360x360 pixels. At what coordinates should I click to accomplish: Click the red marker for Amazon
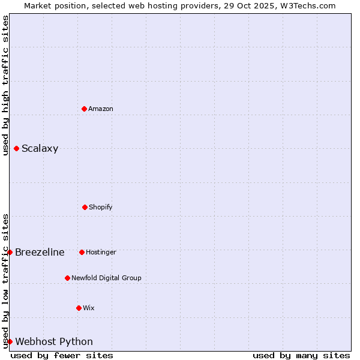click(84, 109)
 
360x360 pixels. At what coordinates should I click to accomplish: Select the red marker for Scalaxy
click(16, 148)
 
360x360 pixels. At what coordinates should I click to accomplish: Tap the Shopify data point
click(85, 207)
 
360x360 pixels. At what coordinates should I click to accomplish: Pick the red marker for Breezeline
click(10, 252)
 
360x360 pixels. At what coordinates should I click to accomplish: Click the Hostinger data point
click(82, 252)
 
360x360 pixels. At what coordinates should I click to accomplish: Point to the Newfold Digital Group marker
click(67, 278)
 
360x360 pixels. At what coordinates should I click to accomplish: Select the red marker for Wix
click(79, 308)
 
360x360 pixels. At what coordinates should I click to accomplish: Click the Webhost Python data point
click(10, 341)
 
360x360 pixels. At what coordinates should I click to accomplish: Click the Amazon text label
click(101, 109)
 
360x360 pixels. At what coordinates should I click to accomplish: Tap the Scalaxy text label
click(40, 149)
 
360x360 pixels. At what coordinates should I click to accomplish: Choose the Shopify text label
click(100, 207)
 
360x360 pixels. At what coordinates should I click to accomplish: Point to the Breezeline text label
click(40, 252)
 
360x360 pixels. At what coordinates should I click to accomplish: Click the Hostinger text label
click(101, 252)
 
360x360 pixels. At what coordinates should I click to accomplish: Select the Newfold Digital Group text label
click(106, 278)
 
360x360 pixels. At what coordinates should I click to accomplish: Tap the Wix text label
click(89, 308)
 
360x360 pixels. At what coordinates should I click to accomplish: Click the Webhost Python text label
click(54, 342)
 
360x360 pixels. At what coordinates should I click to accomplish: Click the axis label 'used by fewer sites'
click(62, 355)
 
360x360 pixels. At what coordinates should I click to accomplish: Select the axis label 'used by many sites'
click(301, 355)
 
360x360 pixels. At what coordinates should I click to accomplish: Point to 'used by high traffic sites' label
click(6, 85)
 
